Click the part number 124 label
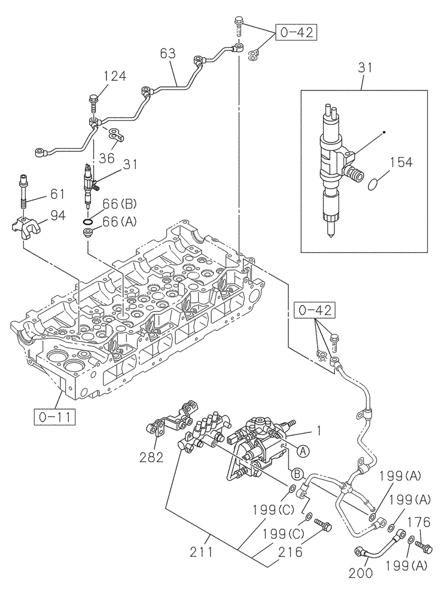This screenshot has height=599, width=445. [114, 76]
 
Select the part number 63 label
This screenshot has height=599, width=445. [169, 53]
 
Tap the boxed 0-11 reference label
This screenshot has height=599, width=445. [54, 416]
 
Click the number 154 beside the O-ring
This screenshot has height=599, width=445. [402, 162]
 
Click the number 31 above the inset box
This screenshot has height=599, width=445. [364, 68]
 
